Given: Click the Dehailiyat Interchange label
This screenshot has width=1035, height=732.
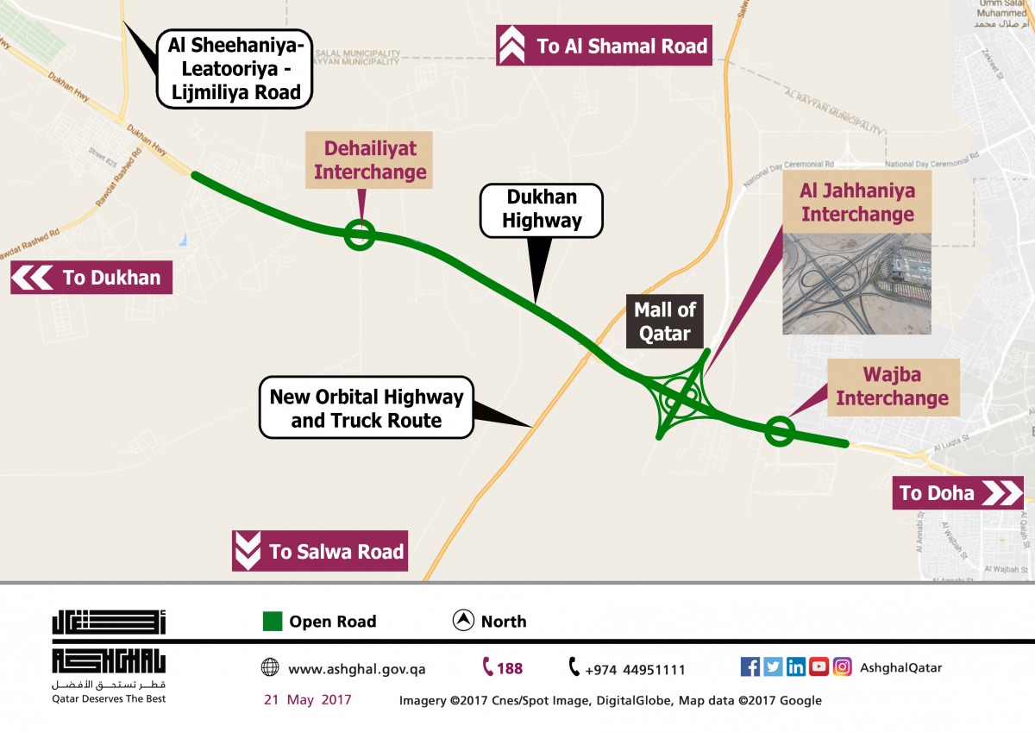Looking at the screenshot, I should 370,160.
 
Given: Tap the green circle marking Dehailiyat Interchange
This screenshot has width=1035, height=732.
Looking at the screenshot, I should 359,234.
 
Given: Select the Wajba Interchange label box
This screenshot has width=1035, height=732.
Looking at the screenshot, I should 893,387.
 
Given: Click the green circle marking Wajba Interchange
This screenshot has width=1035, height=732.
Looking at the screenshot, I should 780,431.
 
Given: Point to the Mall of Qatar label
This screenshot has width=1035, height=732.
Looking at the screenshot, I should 665,321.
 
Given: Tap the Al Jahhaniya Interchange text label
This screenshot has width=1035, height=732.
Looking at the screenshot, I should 857,202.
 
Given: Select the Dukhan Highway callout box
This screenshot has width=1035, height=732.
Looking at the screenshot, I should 542,210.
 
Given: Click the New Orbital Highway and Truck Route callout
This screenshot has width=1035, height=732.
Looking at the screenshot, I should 367,409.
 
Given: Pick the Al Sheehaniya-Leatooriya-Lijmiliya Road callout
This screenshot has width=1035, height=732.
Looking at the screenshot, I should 234,68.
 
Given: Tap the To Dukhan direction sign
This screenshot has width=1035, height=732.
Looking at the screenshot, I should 91,278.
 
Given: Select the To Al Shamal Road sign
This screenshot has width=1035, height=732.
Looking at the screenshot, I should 604,46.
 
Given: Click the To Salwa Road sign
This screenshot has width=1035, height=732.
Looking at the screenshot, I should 320,551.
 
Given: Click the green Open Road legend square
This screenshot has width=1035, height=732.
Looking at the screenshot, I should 273,622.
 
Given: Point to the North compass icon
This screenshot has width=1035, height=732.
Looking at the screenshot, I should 464,621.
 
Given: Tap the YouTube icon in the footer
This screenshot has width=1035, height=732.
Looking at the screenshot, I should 819,666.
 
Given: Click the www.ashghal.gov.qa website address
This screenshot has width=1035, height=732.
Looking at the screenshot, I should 356,669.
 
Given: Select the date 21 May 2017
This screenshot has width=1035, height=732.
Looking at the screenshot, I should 308,699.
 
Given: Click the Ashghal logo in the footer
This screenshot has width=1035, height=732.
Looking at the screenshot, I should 109,654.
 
